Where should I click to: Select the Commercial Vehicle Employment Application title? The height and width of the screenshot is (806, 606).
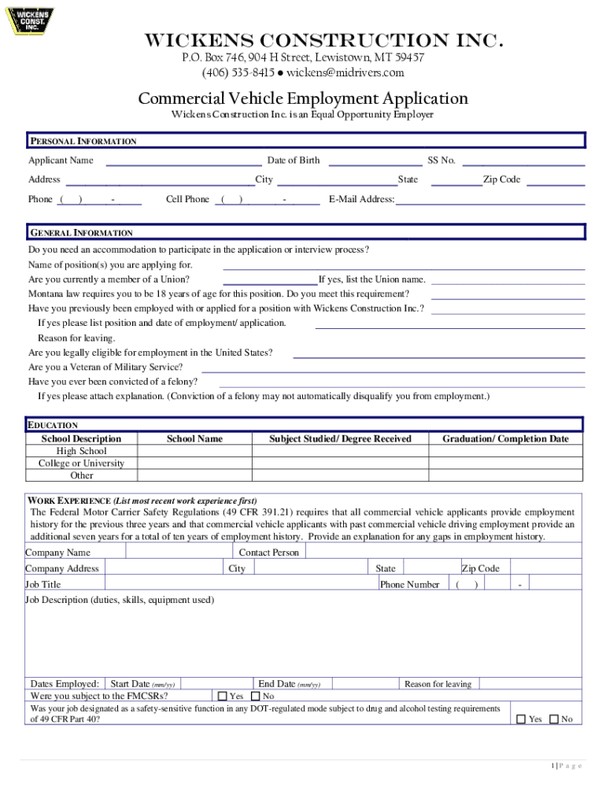pyautogui.click(x=303, y=98)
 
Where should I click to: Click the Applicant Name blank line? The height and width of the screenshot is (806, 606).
pyautogui.click(x=183, y=162)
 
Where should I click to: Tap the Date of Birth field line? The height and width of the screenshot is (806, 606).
pyautogui.click(x=374, y=162)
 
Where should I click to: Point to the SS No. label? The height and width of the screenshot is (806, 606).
pyautogui.click(x=441, y=161)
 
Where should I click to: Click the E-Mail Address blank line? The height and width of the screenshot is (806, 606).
pyautogui.click(x=490, y=201)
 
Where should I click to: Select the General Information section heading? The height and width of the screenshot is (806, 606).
pyautogui.click(x=82, y=233)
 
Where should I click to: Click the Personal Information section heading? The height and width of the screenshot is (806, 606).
pyautogui.click(x=83, y=142)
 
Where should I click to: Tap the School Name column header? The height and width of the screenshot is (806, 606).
pyautogui.click(x=194, y=438)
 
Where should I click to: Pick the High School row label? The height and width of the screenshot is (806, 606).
pyautogui.click(x=81, y=451)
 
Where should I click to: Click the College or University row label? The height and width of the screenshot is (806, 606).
pyautogui.click(x=81, y=464)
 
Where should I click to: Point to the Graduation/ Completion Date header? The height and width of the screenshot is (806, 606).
pyautogui.click(x=504, y=438)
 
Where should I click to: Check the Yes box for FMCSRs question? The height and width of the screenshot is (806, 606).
pyautogui.click(x=222, y=696)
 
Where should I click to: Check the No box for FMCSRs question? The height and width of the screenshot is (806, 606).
pyautogui.click(x=255, y=696)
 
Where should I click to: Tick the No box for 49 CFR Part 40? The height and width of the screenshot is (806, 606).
pyautogui.click(x=553, y=719)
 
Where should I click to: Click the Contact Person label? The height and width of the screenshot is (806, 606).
pyautogui.click(x=268, y=553)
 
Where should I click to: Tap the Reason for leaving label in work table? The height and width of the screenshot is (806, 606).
pyautogui.click(x=438, y=684)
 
